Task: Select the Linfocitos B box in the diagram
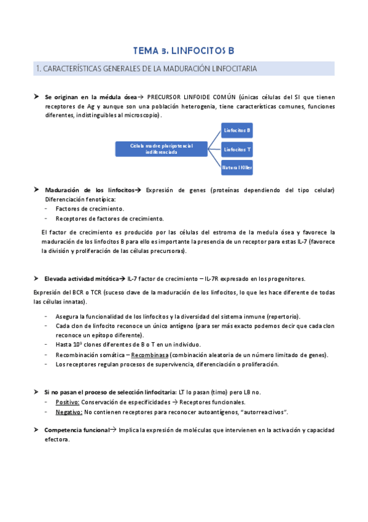[x=237, y=130]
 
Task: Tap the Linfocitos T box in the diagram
[x=237, y=149]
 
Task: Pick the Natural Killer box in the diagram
[x=237, y=167]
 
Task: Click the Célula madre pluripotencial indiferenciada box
[x=161, y=148]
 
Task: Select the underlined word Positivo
[x=68, y=402]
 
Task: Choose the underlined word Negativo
[x=69, y=411]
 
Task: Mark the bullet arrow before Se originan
[x=36, y=97]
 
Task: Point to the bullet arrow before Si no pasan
[x=36, y=392]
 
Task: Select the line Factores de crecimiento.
[x=90, y=209]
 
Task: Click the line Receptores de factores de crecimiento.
[x=109, y=218]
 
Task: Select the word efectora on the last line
[x=57, y=440]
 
